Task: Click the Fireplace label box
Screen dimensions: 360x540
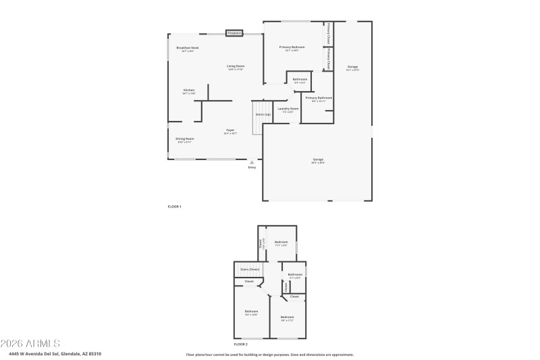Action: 234,32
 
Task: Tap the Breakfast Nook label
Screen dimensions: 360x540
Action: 188,48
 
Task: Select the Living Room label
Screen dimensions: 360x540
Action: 235,66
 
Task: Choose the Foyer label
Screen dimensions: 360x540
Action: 230,130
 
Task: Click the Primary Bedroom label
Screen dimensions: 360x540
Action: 292,47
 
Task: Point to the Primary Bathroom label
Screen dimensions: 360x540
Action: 319,99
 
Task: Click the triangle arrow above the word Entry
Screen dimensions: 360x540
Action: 252,162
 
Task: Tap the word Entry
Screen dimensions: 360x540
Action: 252,168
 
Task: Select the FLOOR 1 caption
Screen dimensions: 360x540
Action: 174,206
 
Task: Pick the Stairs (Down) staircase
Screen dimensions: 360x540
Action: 249,269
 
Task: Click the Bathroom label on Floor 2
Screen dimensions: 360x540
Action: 295,274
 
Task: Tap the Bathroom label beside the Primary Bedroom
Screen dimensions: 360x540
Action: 300,80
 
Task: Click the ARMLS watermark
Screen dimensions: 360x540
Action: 30,343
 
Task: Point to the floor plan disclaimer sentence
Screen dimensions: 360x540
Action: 269,354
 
